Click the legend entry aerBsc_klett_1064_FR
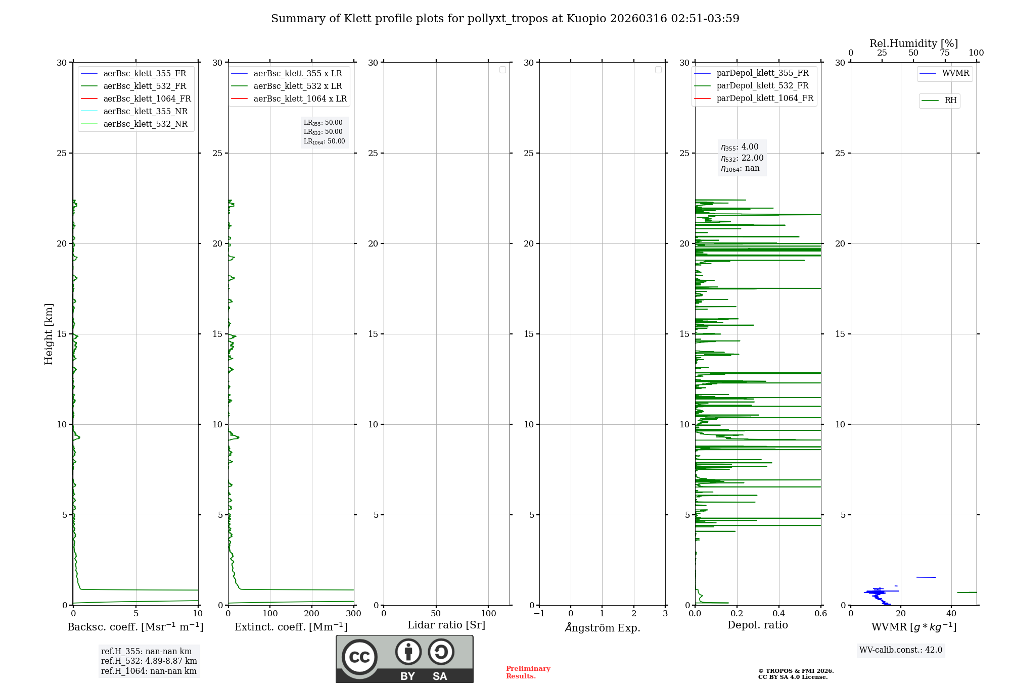(147, 99)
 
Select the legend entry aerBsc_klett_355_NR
(145, 112)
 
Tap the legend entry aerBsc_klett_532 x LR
(297, 86)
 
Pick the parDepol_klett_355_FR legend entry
(762, 73)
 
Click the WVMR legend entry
(955, 73)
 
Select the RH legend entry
(950, 101)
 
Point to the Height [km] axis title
(49, 334)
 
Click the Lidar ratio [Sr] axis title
(446, 625)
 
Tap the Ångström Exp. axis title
(602, 628)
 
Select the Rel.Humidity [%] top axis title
(913, 43)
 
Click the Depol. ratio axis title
(757, 625)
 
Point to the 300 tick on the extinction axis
(353, 614)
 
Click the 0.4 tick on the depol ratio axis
(778, 614)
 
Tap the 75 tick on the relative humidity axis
(944, 53)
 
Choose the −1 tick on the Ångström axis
(539, 614)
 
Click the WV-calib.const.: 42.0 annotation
(900, 650)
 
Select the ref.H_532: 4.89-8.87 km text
(149, 661)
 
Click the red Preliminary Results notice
(528, 672)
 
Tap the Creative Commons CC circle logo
(359, 657)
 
